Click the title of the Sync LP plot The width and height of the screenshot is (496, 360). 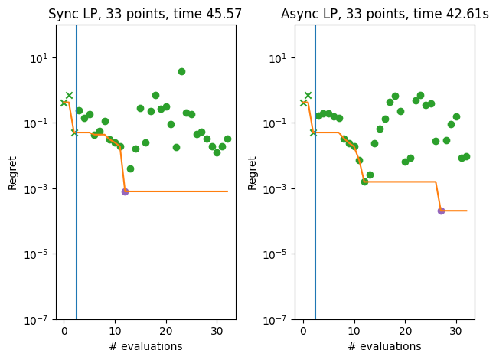[145, 14]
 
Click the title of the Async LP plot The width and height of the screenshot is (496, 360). [384, 14]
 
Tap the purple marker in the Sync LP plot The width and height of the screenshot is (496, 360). [125, 191]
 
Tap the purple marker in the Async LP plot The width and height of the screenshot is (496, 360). [441, 211]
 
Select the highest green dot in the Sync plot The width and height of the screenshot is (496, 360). [181, 71]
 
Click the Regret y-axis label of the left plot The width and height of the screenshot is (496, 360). [12, 172]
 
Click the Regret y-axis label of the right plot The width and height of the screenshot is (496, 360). [252, 172]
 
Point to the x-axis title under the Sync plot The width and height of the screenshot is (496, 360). [145, 346]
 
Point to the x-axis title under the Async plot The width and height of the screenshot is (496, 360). [384, 346]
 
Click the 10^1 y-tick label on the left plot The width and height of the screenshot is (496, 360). [40, 58]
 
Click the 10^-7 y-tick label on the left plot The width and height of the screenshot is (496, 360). [38, 319]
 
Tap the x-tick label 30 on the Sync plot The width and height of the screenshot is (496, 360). [217, 332]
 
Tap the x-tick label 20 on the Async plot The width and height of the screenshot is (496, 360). [405, 332]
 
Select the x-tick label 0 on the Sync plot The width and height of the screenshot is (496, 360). [64, 332]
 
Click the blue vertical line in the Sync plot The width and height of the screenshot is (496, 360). [77, 230]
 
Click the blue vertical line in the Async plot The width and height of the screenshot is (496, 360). [315, 230]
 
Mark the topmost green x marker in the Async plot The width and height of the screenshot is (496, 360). [308, 96]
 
